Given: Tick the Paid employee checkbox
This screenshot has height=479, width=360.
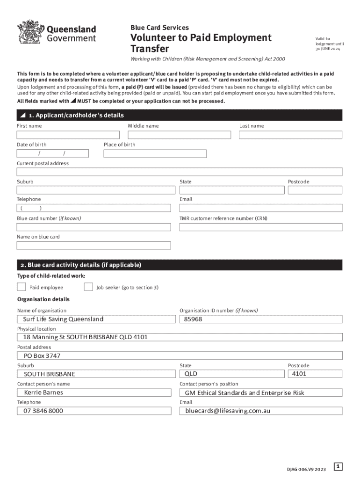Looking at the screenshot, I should click(22, 287).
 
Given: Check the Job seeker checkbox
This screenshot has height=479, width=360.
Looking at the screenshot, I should click(88, 287).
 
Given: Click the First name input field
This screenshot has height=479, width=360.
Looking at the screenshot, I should click(68, 135).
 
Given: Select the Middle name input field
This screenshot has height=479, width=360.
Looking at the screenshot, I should click(180, 135).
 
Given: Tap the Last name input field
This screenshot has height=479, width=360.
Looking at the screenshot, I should click(290, 135).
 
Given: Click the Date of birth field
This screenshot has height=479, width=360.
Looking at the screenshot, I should click(53, 153).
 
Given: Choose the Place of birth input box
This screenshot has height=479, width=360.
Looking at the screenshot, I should click(155, 153).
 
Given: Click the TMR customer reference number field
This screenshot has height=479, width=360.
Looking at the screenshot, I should click(261, 227).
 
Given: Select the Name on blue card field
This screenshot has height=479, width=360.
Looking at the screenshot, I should click(94, 245).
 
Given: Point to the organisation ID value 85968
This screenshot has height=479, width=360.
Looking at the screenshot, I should click(194, 319).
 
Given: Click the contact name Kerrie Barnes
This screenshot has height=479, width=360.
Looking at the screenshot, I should click(43, 392).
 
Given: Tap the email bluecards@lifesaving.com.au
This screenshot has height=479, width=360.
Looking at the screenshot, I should click(228, 411).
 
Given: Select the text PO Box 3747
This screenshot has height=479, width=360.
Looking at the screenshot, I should click(42, 356).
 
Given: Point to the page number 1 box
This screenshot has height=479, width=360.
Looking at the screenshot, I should click(338, 466).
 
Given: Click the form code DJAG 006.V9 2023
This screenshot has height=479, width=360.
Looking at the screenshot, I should click(306, 469).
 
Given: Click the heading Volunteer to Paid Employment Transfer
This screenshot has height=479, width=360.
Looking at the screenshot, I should click(201, 43).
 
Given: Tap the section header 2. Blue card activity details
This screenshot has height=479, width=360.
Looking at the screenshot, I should click(84, 265).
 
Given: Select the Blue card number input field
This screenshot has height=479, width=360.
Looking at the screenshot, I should click(94, 227).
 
